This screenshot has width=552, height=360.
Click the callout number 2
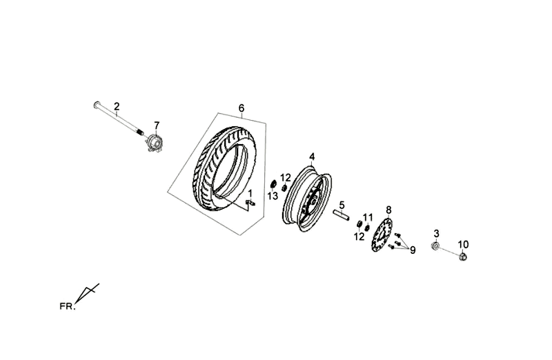(x=117, y=106)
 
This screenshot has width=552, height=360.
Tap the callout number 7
(x=157, y=126)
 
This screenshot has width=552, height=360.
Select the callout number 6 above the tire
(x=241, y=108)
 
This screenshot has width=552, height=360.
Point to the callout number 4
(x=312, y=157)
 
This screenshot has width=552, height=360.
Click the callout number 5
(x=342, y=205)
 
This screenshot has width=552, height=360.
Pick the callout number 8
(x=388, y=210)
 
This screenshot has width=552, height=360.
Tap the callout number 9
(x=413, y=250)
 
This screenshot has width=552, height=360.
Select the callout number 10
(x=463, y=244)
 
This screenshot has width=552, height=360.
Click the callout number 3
(x=437, y=233)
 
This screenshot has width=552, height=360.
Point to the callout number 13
(x=273, y=197)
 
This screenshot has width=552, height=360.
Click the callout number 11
(x=368, y=217)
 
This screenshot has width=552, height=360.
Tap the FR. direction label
(x=67, y=306)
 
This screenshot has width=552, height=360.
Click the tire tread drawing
(x=224, y=169)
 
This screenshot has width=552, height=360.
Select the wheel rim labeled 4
(x=306, y=199)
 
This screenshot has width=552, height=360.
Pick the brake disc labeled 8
(x=382, y=234)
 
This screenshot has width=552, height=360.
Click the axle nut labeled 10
(x=463, y=257)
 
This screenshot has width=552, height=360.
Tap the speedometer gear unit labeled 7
(x=155, y=143)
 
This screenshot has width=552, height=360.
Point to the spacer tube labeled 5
(x=341, y=215)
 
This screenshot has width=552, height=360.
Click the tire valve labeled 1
(x=251, y=202)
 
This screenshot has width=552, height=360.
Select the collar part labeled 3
(x=435, y=246)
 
